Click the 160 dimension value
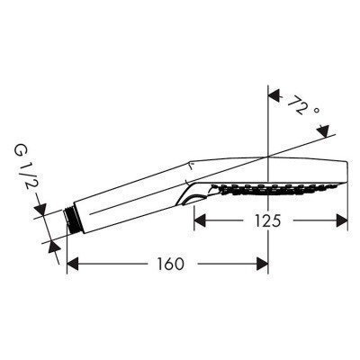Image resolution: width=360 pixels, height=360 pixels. pyautogui.click(x=170, y=265)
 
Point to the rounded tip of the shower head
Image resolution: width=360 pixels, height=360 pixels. pyautogui.click(x=346, y=173)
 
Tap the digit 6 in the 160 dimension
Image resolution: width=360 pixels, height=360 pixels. pyautogui.click(x=170, y=265)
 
